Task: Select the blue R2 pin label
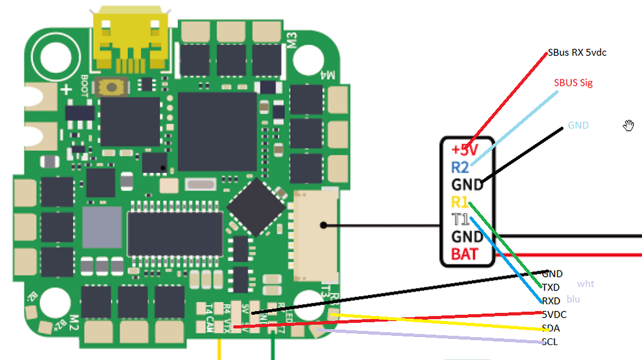point(460,167)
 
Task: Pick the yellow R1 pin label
point(460,202)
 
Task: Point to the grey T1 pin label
point(460,219)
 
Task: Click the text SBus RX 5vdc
point(577,53)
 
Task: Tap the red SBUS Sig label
point(573,83)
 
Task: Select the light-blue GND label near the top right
point(578,125)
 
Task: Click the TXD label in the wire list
point(551,287)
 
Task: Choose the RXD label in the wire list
point(551,301)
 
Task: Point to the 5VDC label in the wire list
point(554,315)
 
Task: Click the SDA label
point(550,328)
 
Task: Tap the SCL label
point(550,342)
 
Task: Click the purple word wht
point(586,284)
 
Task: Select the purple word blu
point(574,299)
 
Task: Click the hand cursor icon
point(630,126)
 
